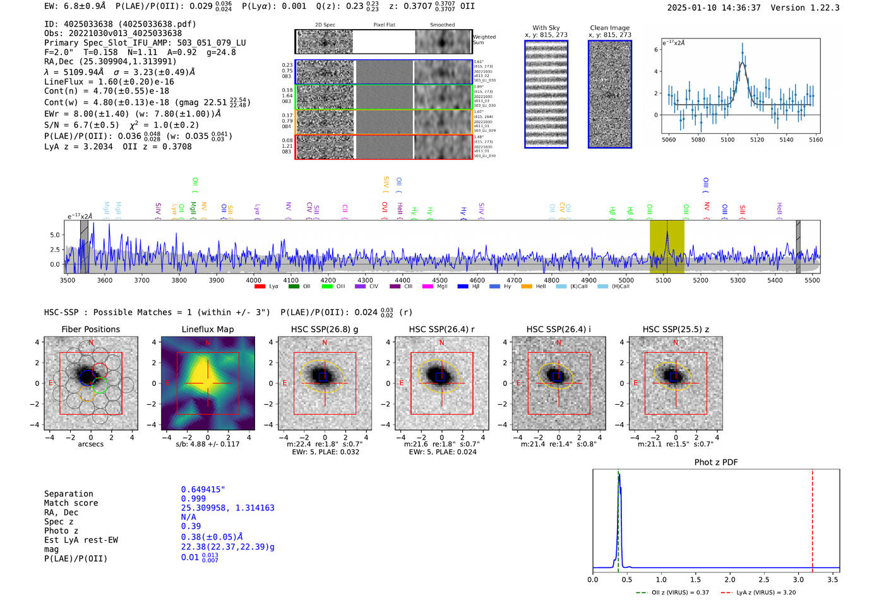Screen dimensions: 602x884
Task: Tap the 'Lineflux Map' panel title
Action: [x=207, y=329]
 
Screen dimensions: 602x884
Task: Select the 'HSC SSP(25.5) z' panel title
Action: [x=676, y=329]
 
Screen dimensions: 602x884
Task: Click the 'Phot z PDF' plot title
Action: [x=716, y=462]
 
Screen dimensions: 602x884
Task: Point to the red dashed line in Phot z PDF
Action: [x=812, y=518]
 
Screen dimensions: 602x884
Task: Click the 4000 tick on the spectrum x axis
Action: [x=254, y=280]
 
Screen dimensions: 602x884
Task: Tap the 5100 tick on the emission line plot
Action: [x=727, y=140]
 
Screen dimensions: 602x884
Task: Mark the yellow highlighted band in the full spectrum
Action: [x=667, y=246]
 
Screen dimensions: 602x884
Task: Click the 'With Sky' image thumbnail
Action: [x=546, y=94]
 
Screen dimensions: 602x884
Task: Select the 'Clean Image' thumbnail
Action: [x=610, y=94]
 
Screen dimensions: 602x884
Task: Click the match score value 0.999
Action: [x=193, y=498]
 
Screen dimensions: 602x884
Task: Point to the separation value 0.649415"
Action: [x=203, y=490]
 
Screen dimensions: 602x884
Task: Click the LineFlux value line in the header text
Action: [x=109, y=81]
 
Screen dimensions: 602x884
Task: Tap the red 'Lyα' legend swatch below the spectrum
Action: [x=260, y=286]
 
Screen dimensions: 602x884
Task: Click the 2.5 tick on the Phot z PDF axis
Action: [x=764, y=579]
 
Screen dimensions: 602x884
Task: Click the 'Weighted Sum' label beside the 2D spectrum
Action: [x=484, y=40]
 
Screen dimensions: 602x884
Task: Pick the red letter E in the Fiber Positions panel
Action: [x=51, y=383]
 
